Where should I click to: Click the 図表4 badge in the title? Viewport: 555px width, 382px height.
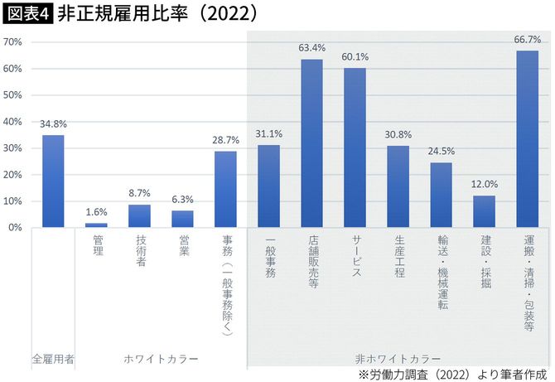pos(28,14)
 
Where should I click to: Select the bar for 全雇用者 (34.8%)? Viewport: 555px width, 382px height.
pos(53,181)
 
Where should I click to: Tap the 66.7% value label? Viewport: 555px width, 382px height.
pos(527,40)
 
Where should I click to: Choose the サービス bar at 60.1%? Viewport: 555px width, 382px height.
pos(355,147)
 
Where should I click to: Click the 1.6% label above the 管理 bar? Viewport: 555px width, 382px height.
pos(96,211)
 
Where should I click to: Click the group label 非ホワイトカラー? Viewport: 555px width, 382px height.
pos(398,359)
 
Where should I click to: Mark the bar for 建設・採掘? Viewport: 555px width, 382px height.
pos(484,211)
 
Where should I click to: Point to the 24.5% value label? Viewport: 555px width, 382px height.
pos(441,152)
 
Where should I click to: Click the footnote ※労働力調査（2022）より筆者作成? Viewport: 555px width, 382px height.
pos(454,375)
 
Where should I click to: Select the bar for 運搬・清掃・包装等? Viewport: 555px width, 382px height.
pos(527,138)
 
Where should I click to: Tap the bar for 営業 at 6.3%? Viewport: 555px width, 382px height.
pos(182,219)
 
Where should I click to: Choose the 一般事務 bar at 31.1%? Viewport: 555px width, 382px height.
pos(268,186)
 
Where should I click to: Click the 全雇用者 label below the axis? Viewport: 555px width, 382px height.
pos(53,359)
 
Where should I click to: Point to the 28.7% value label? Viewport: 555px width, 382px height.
pos(225,140)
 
